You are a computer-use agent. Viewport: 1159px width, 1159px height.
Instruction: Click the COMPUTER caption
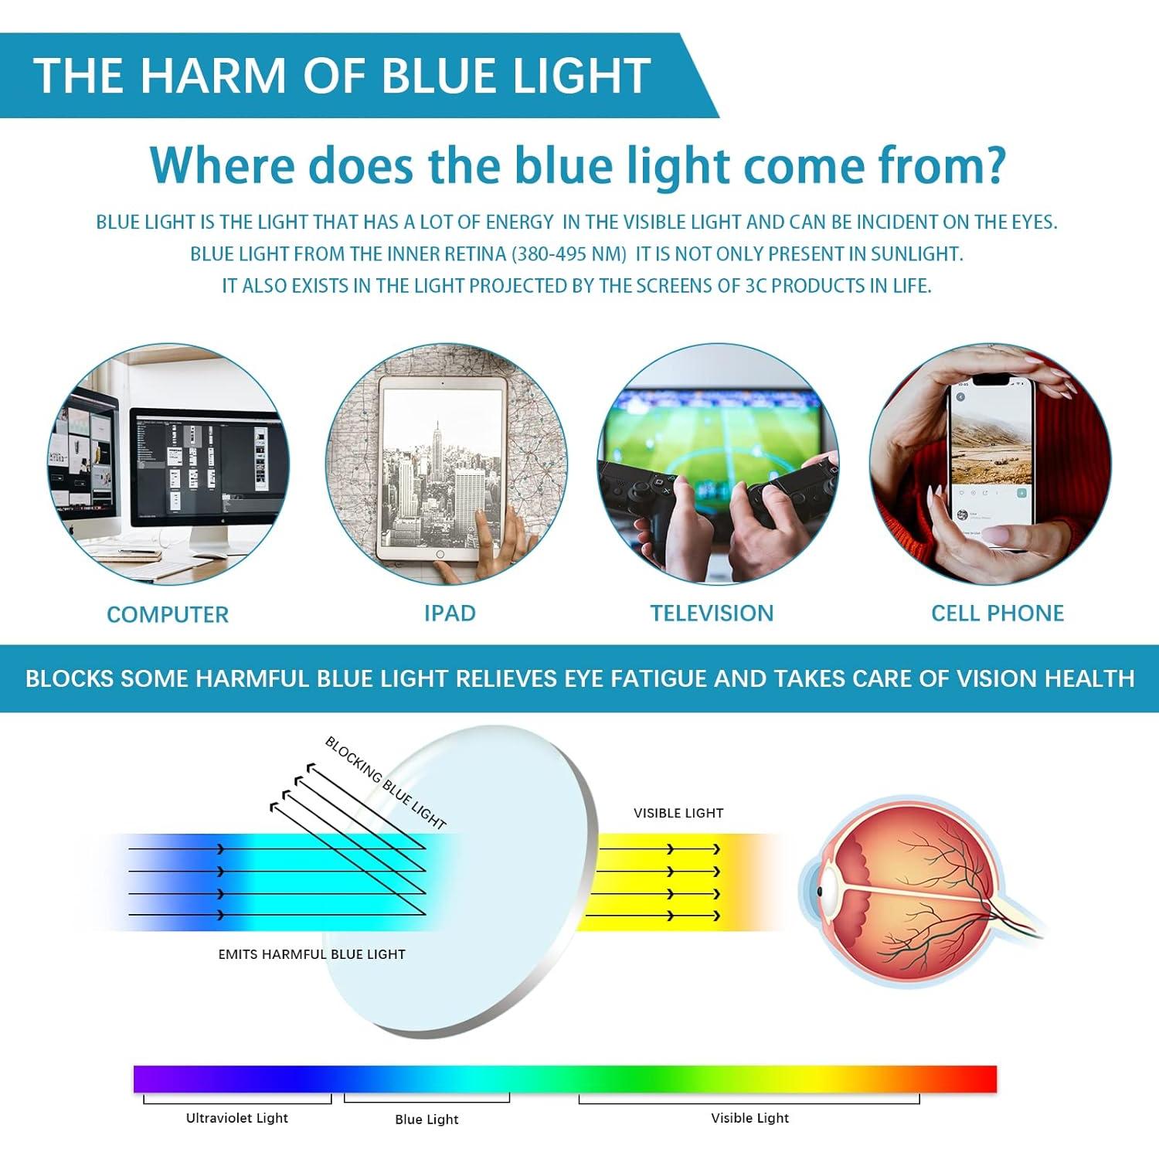168,615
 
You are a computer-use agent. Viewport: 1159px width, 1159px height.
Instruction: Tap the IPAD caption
450,613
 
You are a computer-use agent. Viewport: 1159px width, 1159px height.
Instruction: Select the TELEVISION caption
712,613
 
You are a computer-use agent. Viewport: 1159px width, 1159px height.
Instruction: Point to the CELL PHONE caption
998,613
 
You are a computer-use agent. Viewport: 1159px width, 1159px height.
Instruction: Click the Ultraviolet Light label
237,1118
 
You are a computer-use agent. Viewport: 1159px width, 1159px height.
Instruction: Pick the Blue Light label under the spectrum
427,1120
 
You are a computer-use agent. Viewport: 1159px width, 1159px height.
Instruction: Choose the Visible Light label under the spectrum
750,1118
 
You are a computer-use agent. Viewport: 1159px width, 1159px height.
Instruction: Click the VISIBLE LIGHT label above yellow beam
678,814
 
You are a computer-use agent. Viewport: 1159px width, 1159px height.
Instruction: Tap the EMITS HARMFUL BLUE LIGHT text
311,955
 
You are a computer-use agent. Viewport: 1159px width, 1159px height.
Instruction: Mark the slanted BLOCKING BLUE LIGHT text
386,782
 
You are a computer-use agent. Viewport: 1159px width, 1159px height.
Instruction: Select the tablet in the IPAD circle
441,467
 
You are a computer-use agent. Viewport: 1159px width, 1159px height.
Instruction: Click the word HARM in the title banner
213,76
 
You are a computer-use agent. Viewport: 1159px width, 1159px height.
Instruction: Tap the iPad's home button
440,555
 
